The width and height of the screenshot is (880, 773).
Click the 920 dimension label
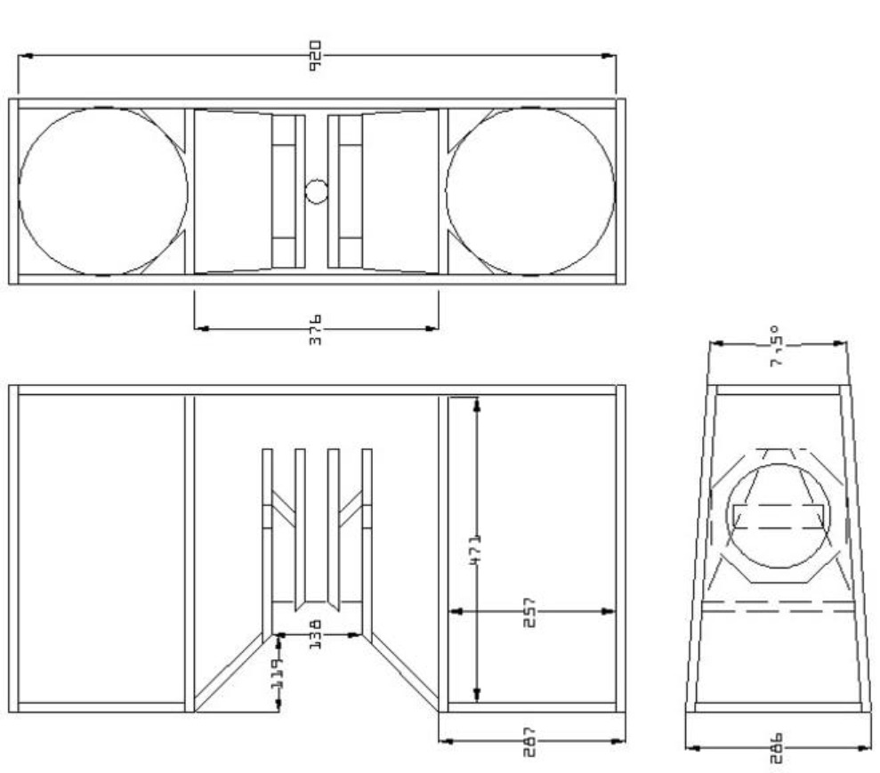(x=316, y=55)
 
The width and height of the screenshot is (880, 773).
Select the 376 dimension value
(x=315, y=328)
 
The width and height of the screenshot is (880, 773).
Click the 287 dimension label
(x=530, y=740)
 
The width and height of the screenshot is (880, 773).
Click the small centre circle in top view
(x=316, y=191)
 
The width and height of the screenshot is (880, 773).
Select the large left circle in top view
(x=103, y=191)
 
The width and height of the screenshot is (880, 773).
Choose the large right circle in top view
(x=530, y=191)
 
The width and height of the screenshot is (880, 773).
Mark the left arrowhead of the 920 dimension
(x=23, y=56)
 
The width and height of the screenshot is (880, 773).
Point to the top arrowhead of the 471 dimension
(x=477, y=403)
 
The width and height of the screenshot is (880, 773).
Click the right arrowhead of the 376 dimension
(x=433, y=328)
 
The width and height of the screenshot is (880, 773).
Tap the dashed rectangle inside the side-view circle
(x=778, y=516)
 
